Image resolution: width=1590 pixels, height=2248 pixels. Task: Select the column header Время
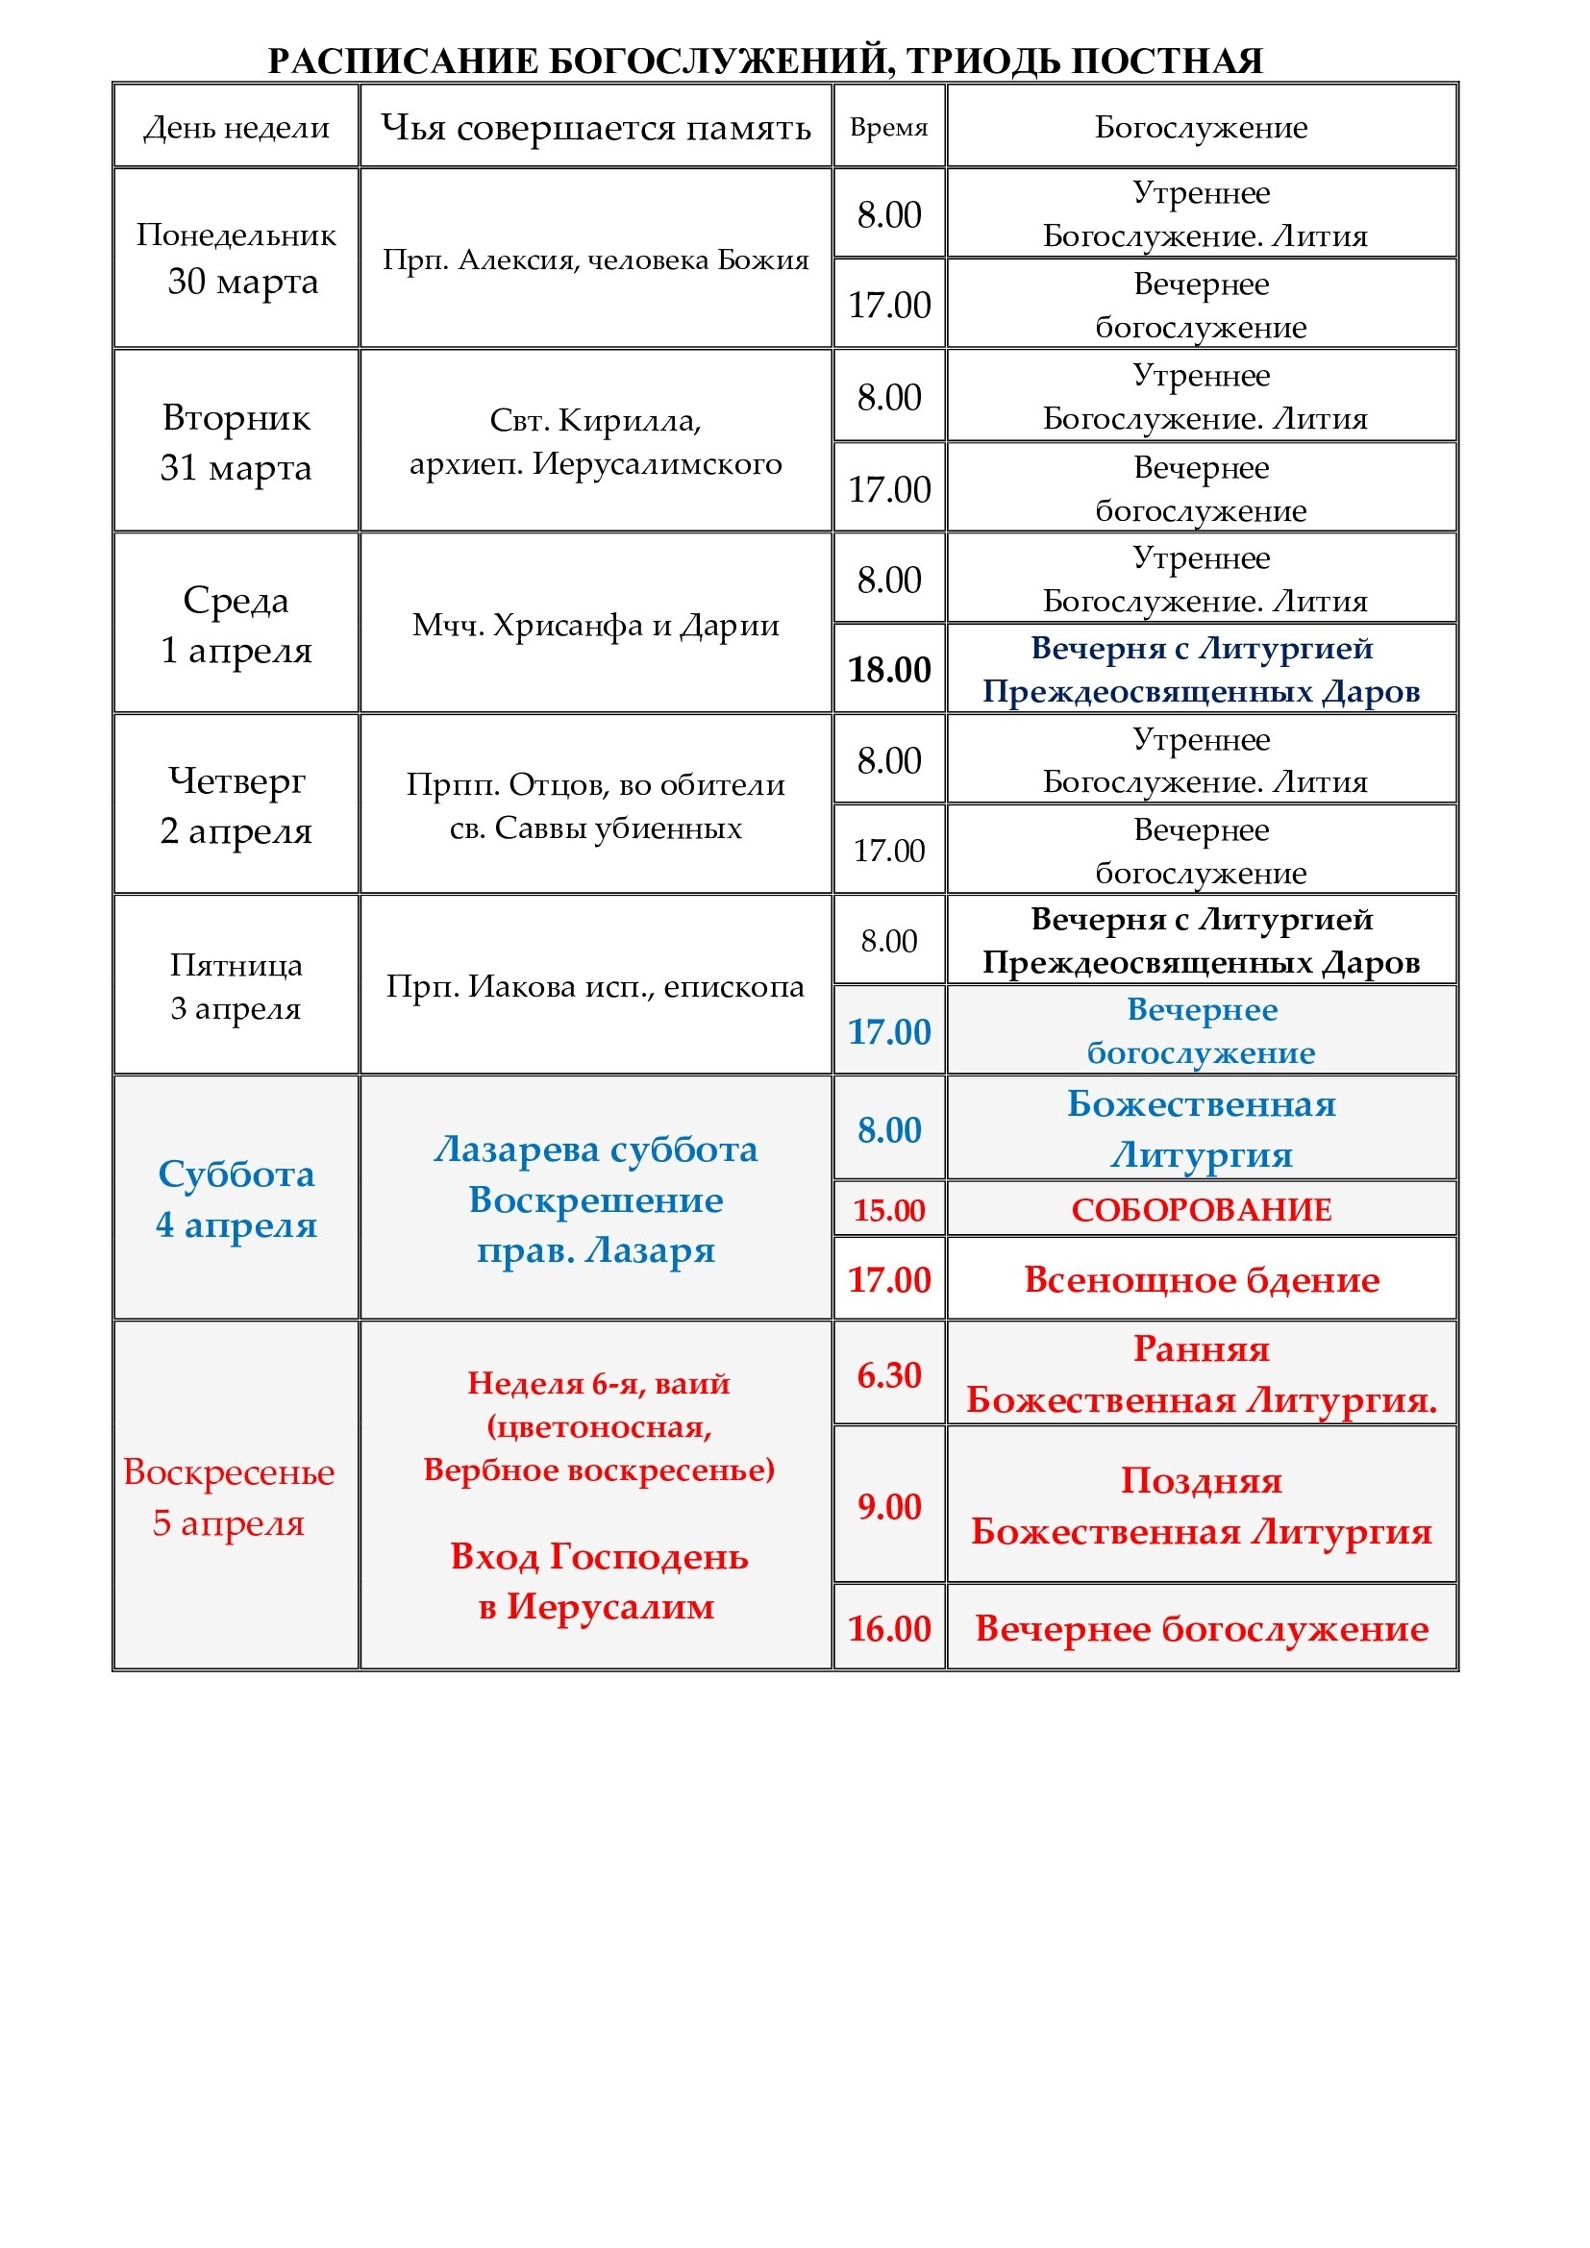tap(888, 127)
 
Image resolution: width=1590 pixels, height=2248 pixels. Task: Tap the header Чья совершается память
tap(595, 127)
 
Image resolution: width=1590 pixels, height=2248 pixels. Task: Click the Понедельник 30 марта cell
tap(236, 259)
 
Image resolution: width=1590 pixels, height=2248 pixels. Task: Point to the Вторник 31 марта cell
tap(236, 441)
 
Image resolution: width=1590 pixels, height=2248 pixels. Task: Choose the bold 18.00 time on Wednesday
tap(889, 670)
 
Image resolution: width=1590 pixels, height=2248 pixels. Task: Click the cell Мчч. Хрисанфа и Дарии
tap(595, 625)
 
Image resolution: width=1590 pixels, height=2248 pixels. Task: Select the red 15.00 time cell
tap(889, 1210)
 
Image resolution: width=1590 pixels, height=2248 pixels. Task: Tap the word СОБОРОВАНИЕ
tap(1202, 1210)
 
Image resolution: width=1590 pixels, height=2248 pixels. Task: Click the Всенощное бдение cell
tap(1202, 1279)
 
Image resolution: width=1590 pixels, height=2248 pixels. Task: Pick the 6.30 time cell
tap(889, 1374)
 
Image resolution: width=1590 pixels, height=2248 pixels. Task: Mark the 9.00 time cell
tap(889, 1506)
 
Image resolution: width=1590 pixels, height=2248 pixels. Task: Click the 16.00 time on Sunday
tap(889, 1628)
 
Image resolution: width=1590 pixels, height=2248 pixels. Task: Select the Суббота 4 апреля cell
tap(236, 1198)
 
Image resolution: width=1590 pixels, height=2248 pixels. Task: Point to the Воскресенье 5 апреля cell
tap(229, 1497)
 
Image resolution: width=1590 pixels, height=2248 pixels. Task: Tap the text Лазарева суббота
tap(595, 1149)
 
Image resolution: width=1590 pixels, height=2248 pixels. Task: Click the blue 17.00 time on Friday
tap(889, 1032)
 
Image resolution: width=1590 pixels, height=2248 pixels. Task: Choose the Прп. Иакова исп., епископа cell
tap(595, 986)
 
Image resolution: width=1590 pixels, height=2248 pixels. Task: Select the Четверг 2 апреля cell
tap(236, 804)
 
